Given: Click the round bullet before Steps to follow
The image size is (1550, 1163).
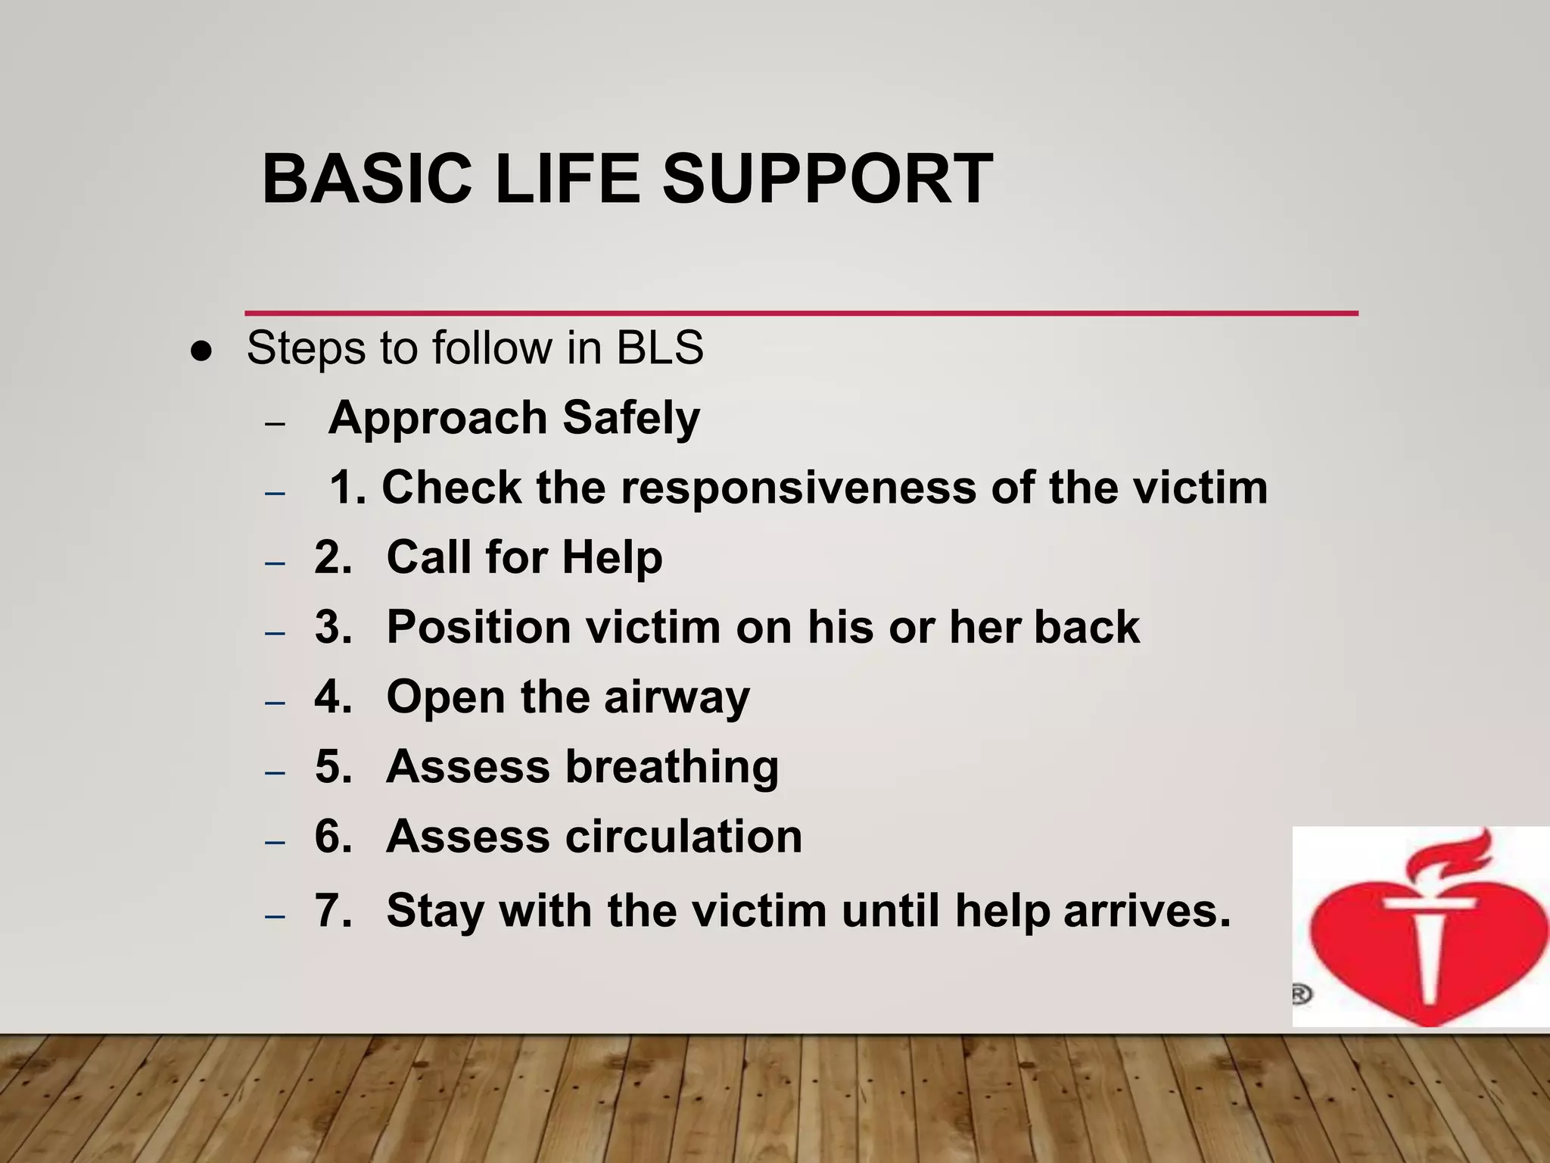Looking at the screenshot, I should pyautogui.click(x=201, y=352).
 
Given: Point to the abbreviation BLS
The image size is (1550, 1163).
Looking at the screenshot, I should pyautogui.click(x=660, y=348).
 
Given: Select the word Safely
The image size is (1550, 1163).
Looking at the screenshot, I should pyautogui.click(x=631, y=419).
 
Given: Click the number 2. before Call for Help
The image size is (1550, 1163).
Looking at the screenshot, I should pyautogui.click(x=334, y=557).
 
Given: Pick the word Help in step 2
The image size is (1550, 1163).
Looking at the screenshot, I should pyautogui.click(x=612, y=557).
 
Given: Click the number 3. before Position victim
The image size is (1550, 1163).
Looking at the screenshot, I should pyautogui.click(x=334, y=627).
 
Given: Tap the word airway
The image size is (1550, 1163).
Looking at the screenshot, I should pyautogui.click(x=677, y=697).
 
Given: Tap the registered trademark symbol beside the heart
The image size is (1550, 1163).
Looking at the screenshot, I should pyautogui.click(x=1301, y=994).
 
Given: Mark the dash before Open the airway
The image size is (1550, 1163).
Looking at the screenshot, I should pyautogui.click(x=275, y=703).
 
